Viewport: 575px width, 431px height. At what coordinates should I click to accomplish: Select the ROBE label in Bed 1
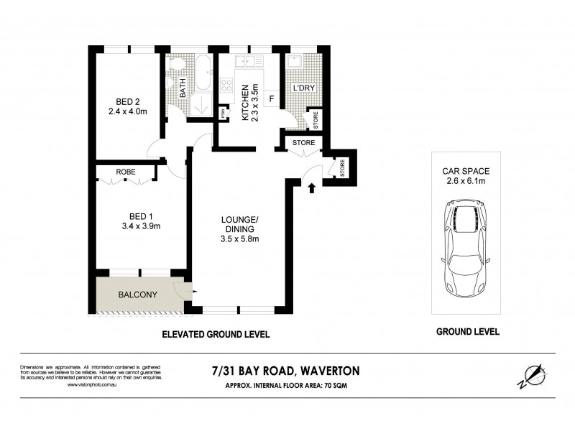pyautogui.click(x=126, y=172)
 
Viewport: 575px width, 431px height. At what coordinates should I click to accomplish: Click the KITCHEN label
pyautogui.click(x=245, y=102)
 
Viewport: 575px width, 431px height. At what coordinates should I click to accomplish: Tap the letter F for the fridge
pyautogui.click(x=272, y=98)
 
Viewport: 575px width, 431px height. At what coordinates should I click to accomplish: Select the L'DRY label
pyautogui.click(x=303, y=89)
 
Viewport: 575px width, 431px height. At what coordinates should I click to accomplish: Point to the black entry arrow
pyautogui.click(x=312, y=189)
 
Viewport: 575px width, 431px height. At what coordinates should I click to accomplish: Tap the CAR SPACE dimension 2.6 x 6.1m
pyautogui.click(x=466, y=182)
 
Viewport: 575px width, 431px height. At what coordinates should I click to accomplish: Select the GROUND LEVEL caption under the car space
pyautogui.click(x=467, y=332)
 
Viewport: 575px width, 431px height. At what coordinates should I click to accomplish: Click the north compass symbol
pyautogui.click(x=530, y=376)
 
